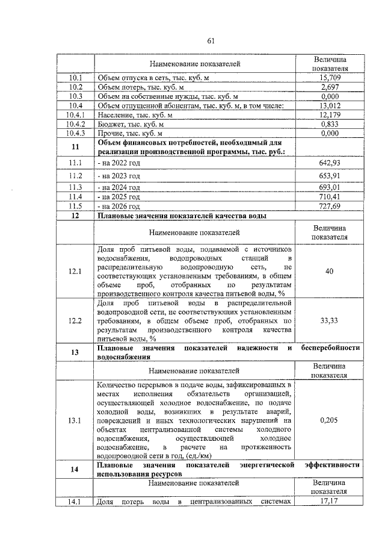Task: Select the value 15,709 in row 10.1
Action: click(330, 78)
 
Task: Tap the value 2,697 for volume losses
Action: click(330, 87)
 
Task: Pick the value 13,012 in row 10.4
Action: click(330, 106)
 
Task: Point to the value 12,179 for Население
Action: click(330, 115)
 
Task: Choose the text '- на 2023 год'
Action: click(119, 176)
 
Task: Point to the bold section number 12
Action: click(75, 216)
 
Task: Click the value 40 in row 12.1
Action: click(330, 272)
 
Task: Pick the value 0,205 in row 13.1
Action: click(330, 422)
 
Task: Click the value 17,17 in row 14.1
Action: click(330, 501)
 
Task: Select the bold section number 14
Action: click(75, 470)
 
